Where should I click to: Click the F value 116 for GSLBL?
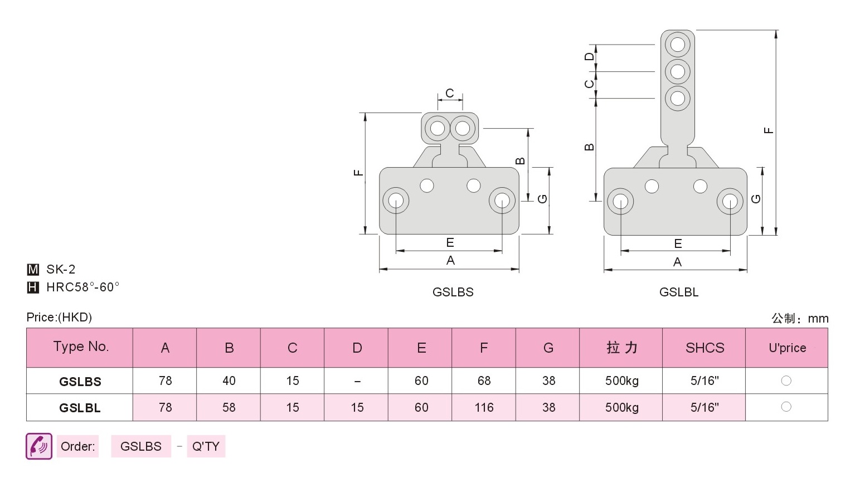(484, 407)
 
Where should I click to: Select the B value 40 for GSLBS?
(229, 381)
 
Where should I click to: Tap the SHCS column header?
(705, 348)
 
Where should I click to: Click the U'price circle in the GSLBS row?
(786, 381)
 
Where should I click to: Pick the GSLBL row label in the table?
(80, 408)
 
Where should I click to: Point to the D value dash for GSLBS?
(357, 381)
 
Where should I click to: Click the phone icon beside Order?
(39, 446)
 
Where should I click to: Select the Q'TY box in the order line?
(206, 446)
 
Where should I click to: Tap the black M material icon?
(33, 269)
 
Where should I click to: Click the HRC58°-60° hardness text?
(83, 287)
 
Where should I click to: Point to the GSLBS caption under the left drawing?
(453, 292)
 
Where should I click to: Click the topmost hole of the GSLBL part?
(678, 45)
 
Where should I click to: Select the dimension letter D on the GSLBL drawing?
(590, 56)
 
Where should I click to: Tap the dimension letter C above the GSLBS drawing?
(450, 93)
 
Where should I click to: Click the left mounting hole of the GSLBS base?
(396, 200)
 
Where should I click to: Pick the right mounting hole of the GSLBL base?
(730, 201)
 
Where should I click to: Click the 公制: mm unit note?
(800, 318)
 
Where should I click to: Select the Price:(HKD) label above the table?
(59, 317)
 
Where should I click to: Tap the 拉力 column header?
(622, 348)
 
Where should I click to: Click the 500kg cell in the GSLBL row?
(622, 407)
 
